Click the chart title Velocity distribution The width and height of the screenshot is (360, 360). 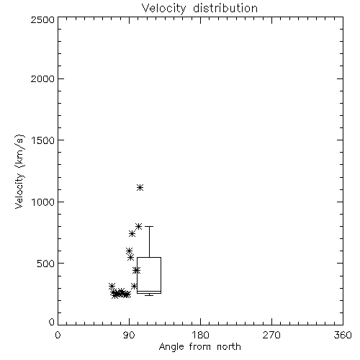click(x=199, y=9)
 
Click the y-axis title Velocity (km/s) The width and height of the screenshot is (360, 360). click(x=19, y=171)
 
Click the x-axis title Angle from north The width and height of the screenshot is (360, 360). click(x=199, y=346)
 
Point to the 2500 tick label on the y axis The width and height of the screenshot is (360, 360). click(x=42, y=19)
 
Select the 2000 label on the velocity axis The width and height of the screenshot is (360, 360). click(x=42, y=78)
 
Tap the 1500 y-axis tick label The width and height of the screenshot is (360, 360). click(x=43, y=140)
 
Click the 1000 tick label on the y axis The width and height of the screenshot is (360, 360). click(x=43, y=202)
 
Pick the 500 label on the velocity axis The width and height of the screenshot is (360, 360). click(x=45, y=264)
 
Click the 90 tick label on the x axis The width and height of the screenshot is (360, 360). click(x=129, y=335)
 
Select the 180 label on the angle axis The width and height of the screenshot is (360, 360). click(x=200, y=335)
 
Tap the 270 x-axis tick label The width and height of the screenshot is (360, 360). click(x=271, y=335)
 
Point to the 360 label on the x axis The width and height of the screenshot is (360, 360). click(x=343, y=335)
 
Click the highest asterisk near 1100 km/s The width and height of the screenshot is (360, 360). click(x=140, y=188)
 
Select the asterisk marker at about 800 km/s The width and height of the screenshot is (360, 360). click(x=138, y=226)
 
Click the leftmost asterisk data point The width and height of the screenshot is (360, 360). click(x=112, y=286)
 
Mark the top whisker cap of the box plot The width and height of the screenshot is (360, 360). click(x=149, y=226)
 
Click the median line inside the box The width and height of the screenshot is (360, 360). click(x=149, y=291)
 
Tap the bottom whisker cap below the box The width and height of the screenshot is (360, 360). click(x=149, y=295)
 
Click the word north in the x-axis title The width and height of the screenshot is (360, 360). click(x=229, y=346)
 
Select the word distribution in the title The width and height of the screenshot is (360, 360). click(x=225, y=9)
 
